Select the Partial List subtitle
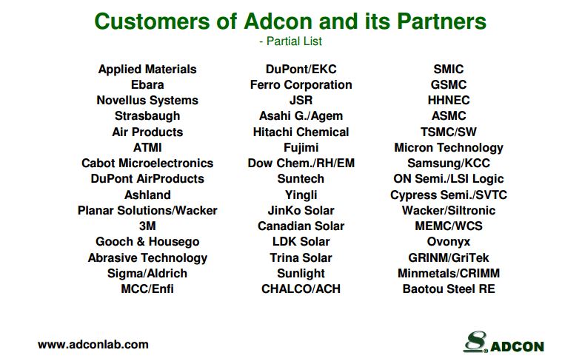[290, 41]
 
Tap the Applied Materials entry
[147, 70]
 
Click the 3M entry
[147, 226]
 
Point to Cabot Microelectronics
[147, 163]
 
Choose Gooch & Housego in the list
[147, 242]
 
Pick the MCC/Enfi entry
[147, 289]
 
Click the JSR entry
[301, 100]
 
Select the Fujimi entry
[301, 147]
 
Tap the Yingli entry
[301, 195]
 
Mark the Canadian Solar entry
[301, 226]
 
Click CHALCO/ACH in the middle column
[301, 289]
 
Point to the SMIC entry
[449, 69]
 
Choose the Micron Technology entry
[449, 148]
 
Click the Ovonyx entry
[449, 242]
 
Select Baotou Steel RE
[449, 289]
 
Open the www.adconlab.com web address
[93, 345]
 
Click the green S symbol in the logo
[475, 341]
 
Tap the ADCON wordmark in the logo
[517, 346]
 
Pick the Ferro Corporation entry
[301, 85]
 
